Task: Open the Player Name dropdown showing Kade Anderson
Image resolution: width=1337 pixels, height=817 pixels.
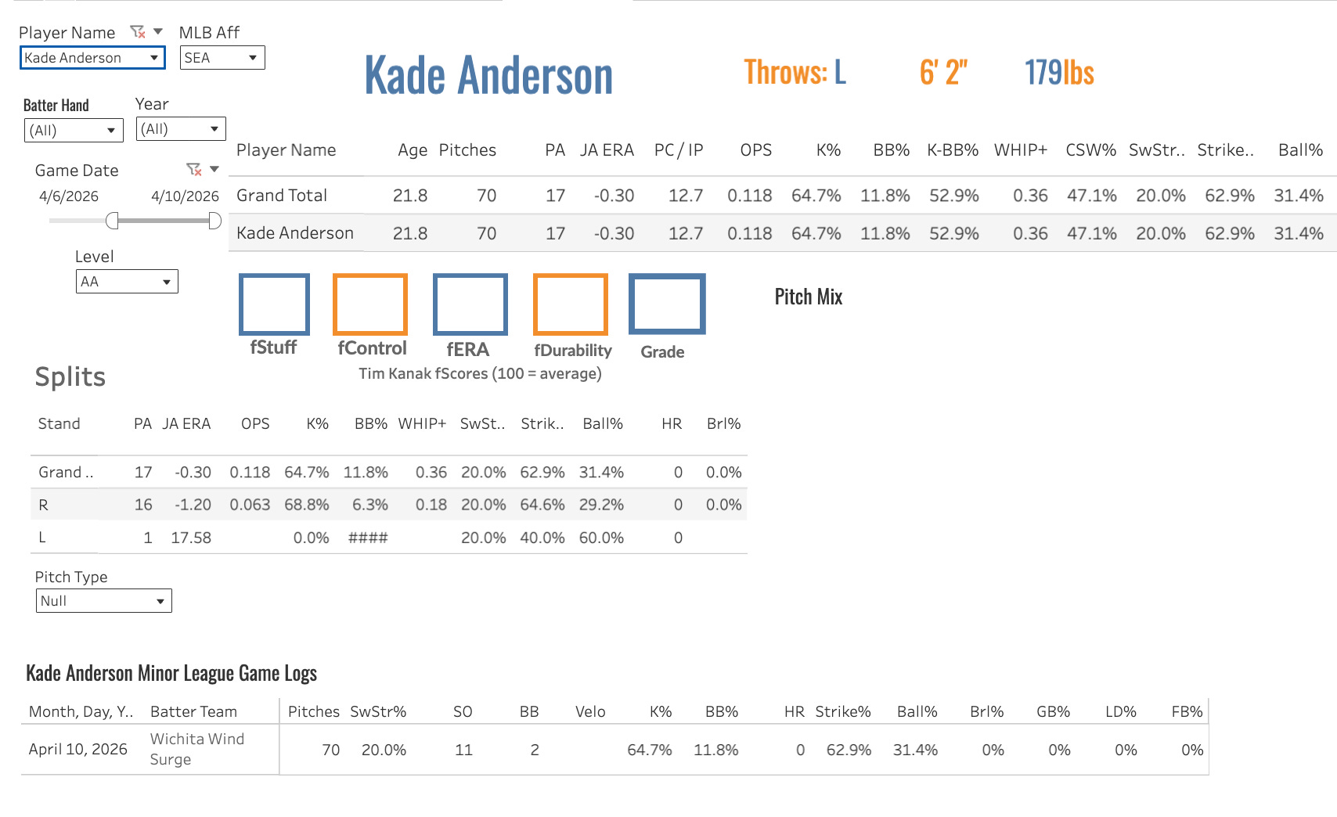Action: click(92, 58)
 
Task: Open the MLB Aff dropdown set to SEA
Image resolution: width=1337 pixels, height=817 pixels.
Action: click(222, 58)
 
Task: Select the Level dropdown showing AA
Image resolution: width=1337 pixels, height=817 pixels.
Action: click(127, 282)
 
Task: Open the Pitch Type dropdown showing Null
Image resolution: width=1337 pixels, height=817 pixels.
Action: click(104, 601)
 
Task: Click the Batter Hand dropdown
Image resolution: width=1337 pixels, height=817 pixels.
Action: click(74, 130)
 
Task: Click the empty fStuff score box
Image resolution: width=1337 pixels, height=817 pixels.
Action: click(274, 304)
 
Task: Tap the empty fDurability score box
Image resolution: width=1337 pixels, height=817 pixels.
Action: click(571, 304)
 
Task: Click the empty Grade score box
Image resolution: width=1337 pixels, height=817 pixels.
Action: click(667, 304)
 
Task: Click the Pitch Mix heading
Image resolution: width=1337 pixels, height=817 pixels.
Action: click(808, 297)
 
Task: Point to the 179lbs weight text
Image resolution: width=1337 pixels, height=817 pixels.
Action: click(1059, 72)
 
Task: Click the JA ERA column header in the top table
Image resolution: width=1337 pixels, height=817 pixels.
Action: click(607, 149)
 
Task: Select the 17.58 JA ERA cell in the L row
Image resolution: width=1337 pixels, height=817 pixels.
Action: click(191, 538)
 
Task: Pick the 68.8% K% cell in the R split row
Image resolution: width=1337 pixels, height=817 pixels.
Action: click(307, 505)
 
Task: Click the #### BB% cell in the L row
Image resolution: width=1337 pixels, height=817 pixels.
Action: click(368, 538)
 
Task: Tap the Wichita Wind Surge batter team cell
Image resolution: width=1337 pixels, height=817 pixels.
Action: click(197, 749)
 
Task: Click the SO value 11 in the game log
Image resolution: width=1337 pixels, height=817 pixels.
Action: click(463, 750)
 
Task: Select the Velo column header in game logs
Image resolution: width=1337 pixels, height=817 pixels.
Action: click(590, 711)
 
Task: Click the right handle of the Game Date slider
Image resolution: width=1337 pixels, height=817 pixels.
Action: click(214, 221)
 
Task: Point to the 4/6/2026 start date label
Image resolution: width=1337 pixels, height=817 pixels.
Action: click(69, 196)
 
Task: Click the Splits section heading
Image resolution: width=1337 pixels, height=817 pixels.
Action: click(70, 376)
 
